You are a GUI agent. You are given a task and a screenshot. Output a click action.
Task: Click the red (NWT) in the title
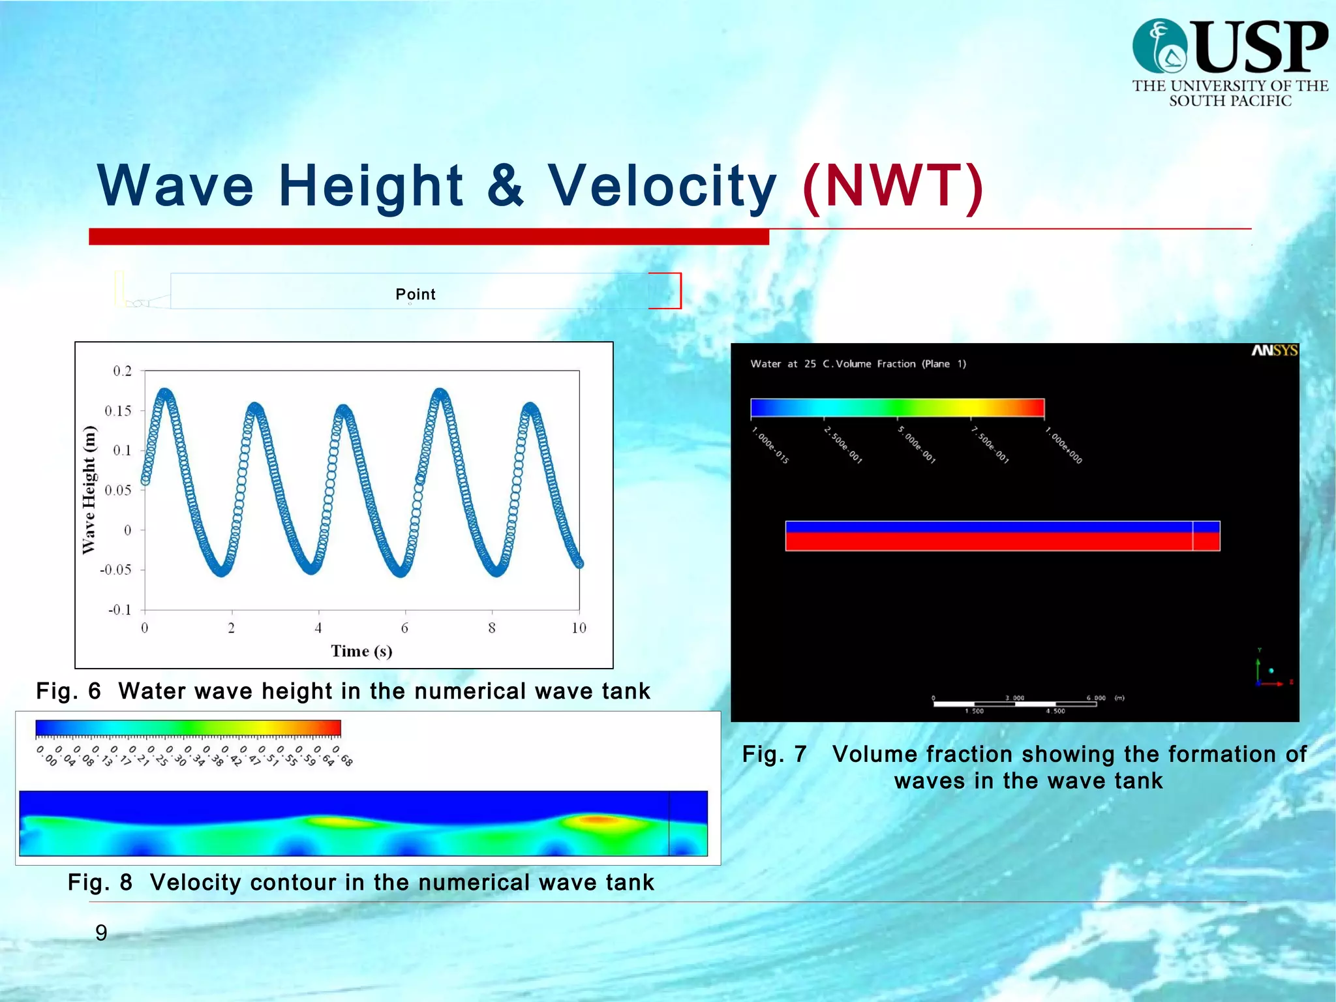coord(893,187)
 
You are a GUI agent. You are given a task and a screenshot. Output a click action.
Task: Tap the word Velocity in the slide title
coord(661,187)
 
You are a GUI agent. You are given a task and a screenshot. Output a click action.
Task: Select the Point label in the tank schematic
coord(416,294)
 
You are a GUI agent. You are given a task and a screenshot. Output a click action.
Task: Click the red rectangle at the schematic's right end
coord(665,291)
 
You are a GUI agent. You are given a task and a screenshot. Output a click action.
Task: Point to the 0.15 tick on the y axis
coord(119,410)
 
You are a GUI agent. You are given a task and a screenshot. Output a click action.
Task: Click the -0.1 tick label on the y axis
coord(119,610)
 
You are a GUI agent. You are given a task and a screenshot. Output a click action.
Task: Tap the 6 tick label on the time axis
coord(405,628)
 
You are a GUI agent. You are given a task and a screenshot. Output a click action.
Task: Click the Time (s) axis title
coord(361,651)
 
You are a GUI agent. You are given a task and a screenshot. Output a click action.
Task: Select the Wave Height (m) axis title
coord(89,490)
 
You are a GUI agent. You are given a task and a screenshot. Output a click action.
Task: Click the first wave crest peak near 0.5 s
coord(166,393)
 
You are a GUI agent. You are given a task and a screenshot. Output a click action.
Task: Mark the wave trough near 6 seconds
coord(401,572)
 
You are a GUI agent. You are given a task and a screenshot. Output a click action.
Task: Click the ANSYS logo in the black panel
coord(1274,351)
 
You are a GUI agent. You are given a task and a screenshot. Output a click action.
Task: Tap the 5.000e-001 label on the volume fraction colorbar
coord(917,445)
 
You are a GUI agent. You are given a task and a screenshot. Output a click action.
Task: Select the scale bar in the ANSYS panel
coord(1015,704)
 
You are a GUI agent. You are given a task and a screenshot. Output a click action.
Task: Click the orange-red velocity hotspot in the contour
coord(599,820)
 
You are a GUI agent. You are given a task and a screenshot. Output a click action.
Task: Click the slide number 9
coord(101,933)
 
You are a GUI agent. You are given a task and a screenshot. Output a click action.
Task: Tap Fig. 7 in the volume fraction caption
coord(774,754)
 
